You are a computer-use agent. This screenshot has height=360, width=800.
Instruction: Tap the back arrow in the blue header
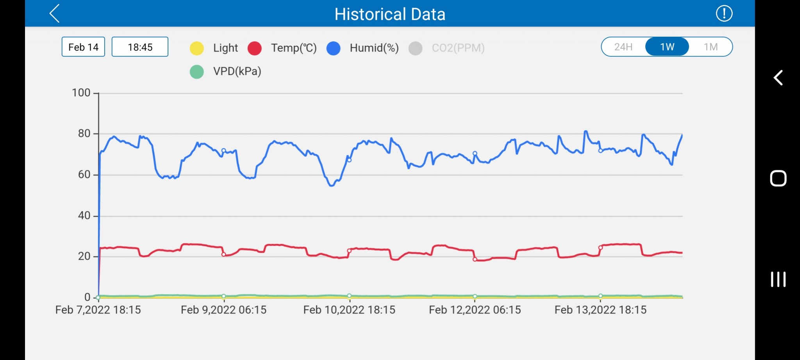(x=55, y=14)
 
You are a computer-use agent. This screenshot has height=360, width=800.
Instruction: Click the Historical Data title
(x=390, y=14)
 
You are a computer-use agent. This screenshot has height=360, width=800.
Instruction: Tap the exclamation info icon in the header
(x=724, y=14)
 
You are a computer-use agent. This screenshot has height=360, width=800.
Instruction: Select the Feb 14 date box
(x=83, y=47)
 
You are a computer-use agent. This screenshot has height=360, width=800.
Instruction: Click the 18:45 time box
(x=140, y=47)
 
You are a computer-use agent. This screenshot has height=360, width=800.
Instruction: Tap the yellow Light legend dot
(x=197, y=48)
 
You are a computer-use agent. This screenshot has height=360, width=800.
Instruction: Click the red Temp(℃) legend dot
(x=255, y=48)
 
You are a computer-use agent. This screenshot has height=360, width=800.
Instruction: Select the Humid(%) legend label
(x=374, y=48)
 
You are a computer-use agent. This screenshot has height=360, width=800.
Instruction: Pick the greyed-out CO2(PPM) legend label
(x=458, y=48)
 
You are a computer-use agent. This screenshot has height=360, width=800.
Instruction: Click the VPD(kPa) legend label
(x=237, y=71)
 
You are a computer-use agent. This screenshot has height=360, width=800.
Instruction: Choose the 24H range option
(x=623, y=47)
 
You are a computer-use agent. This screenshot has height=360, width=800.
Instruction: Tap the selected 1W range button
(x=667, y=47)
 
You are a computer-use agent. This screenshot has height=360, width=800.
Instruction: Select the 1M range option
(x=711, y=47)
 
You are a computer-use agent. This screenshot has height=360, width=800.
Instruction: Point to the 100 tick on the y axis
(x=81, y=93)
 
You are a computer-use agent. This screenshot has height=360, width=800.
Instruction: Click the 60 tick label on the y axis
(x=84, y=175)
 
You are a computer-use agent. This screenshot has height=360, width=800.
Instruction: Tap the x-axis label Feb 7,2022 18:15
(x=98, y=310)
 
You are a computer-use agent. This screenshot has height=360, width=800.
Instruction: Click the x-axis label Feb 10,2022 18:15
(x=349, y=310)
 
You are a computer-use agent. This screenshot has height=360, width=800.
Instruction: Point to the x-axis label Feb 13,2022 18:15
(x=600, y=310)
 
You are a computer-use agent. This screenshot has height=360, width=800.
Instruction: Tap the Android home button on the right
(x=778, y=179)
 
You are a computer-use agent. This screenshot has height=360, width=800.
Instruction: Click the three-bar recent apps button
(x=778, y=280)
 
